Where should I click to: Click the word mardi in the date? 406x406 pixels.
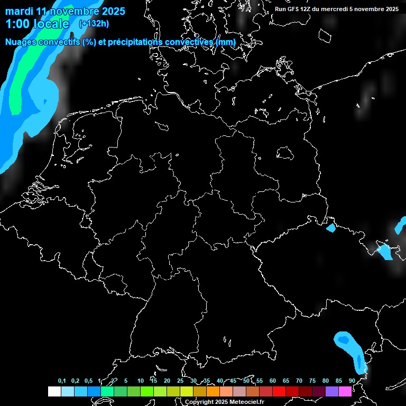[x=20, y=11]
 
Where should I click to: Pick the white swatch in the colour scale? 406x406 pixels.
[x=54, y=391]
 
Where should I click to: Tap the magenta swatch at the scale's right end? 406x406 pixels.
[x=345, y=391]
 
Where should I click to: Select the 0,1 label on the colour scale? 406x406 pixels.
[x=62, y=381]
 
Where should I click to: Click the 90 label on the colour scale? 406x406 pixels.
[x=352, y=381]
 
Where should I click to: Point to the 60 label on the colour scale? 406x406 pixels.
[x=272, y=381]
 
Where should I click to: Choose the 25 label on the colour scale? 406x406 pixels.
[x=180, y=381]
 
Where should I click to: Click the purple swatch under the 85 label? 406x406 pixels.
[x=332, y=391]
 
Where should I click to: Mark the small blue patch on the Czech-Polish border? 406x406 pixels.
[x=331, y=228]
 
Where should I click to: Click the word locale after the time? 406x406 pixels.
[x=51, y=24]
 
